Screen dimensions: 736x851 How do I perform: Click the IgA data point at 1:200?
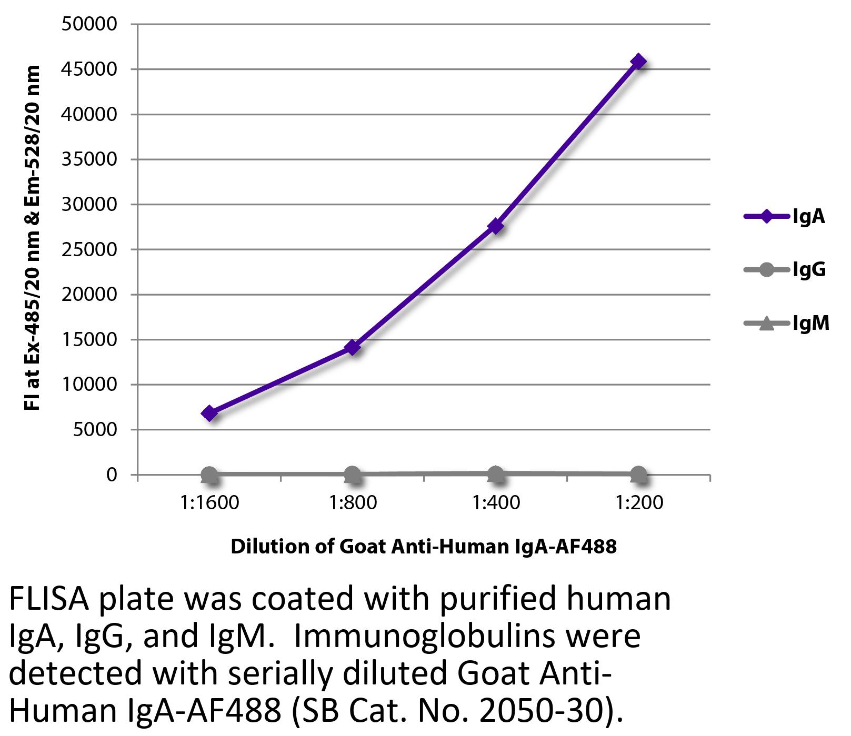[638, 62]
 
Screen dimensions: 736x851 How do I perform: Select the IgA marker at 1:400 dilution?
[495, 226]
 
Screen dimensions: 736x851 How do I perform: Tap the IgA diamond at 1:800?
[352, 347]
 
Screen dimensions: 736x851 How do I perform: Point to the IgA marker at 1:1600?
[209, 413]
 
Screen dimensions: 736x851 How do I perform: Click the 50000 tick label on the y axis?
[89, 24]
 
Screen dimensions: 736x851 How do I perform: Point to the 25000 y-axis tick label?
[89, 249]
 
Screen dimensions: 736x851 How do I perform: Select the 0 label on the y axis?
[111, 475]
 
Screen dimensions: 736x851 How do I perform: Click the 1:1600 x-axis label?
[209, 503]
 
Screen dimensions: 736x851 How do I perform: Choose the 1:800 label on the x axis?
[353, 503]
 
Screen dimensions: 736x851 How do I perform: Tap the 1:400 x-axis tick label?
[496, 503]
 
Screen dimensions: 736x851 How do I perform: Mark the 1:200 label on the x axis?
[639, 503]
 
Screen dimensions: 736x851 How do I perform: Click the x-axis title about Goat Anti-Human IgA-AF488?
[424, 547]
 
